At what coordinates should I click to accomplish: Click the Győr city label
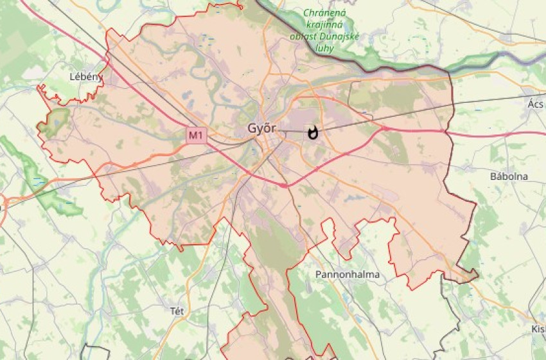point(262,129)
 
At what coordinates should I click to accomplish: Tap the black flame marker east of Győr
point(313,133)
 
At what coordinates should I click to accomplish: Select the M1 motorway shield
point(195,135)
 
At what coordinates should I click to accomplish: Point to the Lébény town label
point(86,76)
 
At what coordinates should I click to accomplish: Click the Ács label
point(535,104)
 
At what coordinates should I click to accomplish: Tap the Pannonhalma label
point(348,274)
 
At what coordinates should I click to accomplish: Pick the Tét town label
point(177,311)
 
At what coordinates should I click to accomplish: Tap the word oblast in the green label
point(302,36)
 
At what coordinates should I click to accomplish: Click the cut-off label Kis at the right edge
point(538,330)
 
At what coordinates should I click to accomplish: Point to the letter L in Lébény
point(72,76)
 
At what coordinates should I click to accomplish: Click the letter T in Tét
point(172,311)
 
